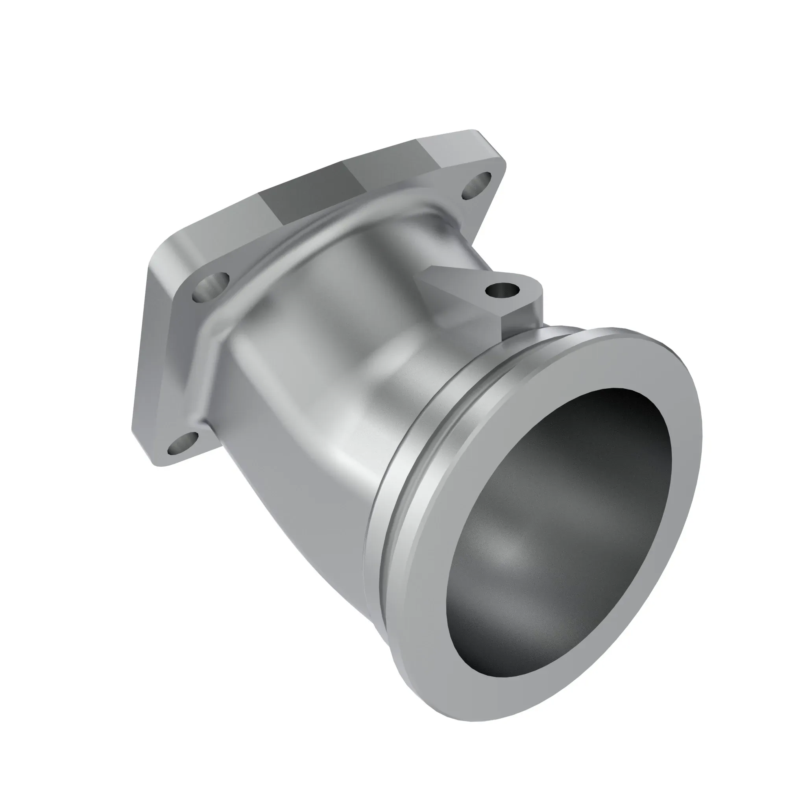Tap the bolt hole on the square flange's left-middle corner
[211, 286]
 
